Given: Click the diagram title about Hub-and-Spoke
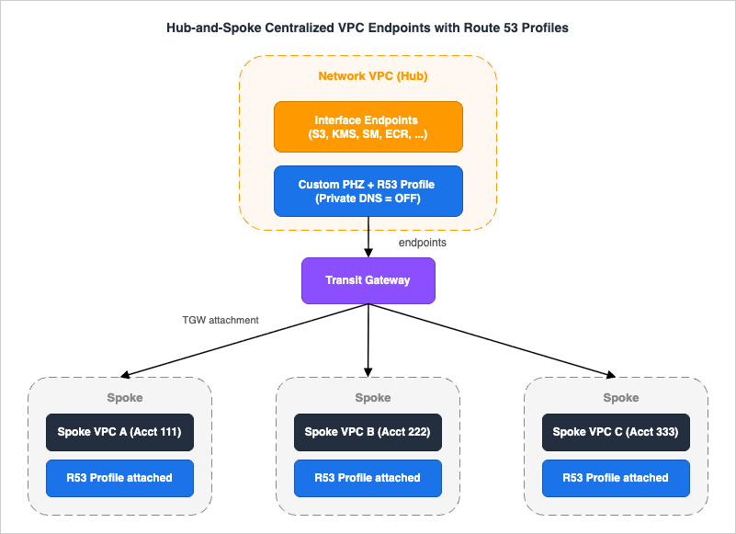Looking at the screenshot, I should (368, 28).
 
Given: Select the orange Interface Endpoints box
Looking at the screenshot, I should (368, 127).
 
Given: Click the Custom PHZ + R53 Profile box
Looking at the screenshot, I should (368, 191).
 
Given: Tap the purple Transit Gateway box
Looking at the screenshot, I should (368, 281).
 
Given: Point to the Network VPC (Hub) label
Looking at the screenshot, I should (368, 76).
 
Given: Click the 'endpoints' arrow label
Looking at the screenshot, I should (422, 244).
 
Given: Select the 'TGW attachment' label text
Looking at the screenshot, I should (221, 320).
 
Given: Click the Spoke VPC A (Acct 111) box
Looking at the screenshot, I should (119, 432).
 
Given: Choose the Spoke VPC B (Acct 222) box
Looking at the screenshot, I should (368, 432).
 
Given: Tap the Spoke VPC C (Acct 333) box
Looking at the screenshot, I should (616, 432).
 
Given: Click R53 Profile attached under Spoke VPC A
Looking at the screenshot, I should (119, 478).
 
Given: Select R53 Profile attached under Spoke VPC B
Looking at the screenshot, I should (368, 478).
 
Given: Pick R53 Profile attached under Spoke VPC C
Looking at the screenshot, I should (616, 478).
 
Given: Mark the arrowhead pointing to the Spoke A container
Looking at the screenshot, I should (126, 375).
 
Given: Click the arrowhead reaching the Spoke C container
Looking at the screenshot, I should (609, 375).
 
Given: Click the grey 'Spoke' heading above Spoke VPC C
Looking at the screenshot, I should (620, 398).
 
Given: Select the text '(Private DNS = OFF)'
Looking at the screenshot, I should (368, 199).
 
